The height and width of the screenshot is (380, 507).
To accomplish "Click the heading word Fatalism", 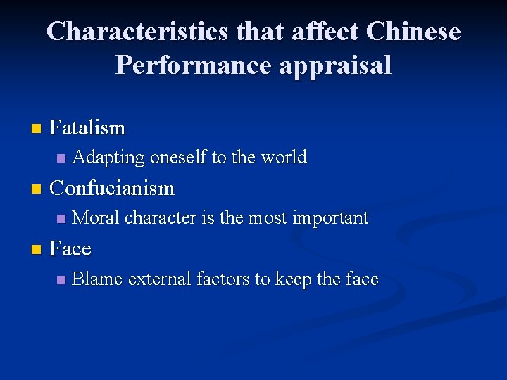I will (x=88, y=128).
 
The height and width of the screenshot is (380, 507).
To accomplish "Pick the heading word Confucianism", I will (x=113, y=189).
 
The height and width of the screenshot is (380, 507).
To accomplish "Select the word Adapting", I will (x=108, y=158).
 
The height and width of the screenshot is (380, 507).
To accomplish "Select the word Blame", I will (x=97, y=279).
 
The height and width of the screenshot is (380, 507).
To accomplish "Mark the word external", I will (x=159, y=279).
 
